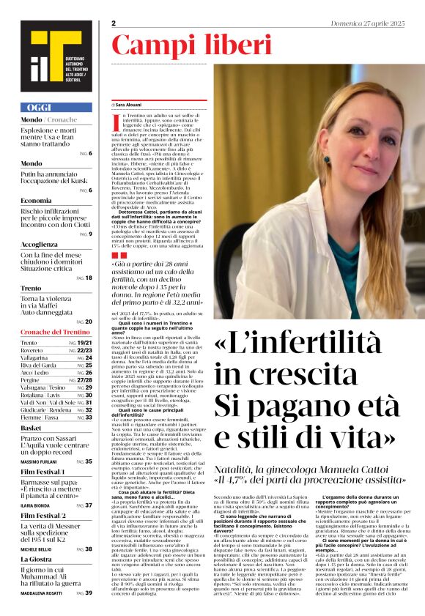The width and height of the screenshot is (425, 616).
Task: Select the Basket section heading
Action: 31,428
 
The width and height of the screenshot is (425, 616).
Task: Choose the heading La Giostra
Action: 37,560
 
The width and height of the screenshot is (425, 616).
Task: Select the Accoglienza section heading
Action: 39,245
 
